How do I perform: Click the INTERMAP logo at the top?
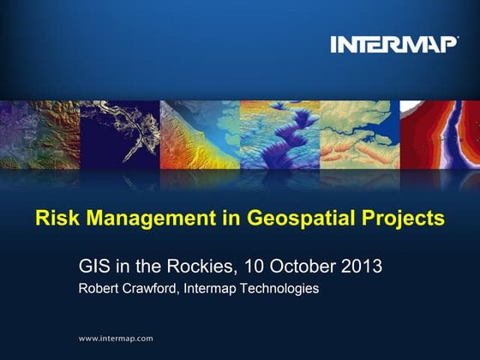[394, 44]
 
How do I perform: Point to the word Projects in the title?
[408, 219]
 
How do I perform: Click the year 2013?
[361, 266]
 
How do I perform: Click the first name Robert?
[99, 289]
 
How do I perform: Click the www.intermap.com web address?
[116, 339]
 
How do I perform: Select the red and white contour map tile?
[440, 135]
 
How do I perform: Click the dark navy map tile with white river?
[119, 135]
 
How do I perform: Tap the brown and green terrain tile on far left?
[39, 135]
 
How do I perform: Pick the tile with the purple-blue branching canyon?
[279, 135]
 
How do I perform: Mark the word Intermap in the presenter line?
[214, 289]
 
